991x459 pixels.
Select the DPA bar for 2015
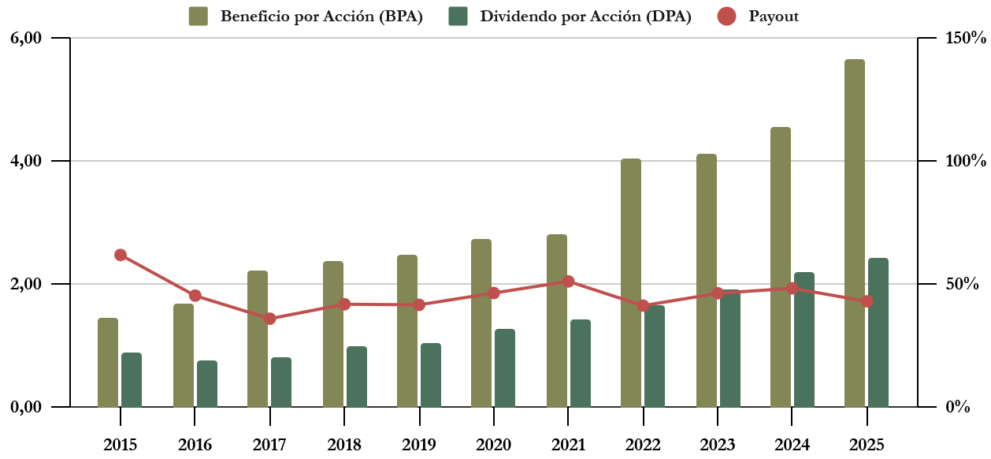(132, 380)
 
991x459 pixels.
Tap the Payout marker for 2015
(121, 255)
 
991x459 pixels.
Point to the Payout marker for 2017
(269, 319)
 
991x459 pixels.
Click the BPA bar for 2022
(631, 283)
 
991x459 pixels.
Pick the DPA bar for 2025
(878, 333)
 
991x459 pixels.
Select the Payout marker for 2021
(568, 281)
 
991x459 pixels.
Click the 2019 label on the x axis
(419, 445)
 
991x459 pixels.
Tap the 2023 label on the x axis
(718, 445)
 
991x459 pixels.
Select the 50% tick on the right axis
(962, 284)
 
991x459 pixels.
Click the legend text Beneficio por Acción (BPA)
(321, 17)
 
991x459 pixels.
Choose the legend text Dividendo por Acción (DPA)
(585, 17)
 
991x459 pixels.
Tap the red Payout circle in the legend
(727, 16)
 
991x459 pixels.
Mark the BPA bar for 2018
(333, 334)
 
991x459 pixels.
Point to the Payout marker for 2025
(867, 301)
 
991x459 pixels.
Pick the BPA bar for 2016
(184, 356)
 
